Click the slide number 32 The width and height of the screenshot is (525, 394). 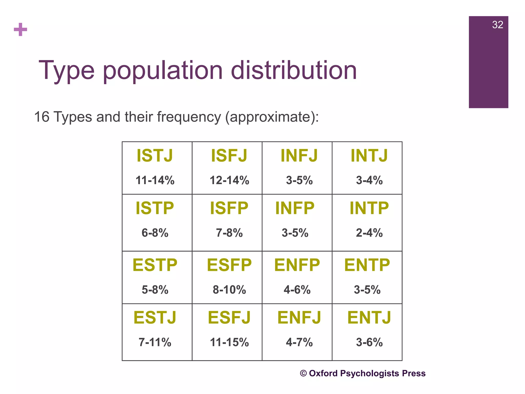pyautogui.click(x=497, y=25)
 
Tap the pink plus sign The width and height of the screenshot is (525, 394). pyautogui.click(x=21, y=29)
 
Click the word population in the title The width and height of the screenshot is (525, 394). pyautogui.click(x=163, y=71)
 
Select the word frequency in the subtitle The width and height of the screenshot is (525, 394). pyautogui.click(x=189, y=117)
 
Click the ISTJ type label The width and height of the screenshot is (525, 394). pyautogui.click(x=155, y=155)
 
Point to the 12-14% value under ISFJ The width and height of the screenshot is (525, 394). pyautogui.click(x=229, y=180)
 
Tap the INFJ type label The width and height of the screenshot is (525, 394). pyautogui.click(x=299, y=155)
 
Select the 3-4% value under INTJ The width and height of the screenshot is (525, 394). pyautogui.click(x=369, y=180)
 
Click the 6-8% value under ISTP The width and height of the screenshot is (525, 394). pyautogui.click(x=155, y=233)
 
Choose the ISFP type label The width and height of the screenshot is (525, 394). pyautogui.click(x=229, y=208)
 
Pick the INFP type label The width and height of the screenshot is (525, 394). pyautogui.click(x=295, y=208)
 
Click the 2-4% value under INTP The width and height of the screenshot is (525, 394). pyautogui.click(x=369, y=233)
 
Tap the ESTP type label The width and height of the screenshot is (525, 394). pyautogui.click(x=155, y=265)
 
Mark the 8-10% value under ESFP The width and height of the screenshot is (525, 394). pyautogui.click(x=229, y=290)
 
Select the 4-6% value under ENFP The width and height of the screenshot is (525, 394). pyautogui.click(x=297, y=290)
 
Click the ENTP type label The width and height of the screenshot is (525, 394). pyautogui.click(x=367, y=265)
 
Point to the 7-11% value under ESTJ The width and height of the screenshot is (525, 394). pyautogui.click(x=155, y=342)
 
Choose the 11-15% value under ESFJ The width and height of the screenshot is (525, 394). pyautogui.click(x=229, y=342)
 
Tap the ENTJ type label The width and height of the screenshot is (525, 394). pyautogui.click(x=369, y=318)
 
